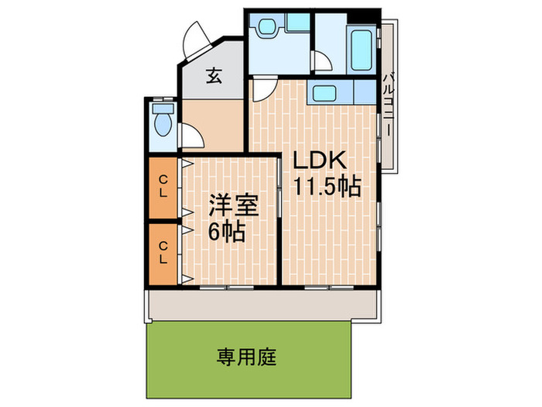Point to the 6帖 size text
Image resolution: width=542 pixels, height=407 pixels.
(x=227, y=231)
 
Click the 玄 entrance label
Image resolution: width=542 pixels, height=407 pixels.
(x=214, y=76)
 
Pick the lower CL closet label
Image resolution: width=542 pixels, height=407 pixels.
(x=163, y=253)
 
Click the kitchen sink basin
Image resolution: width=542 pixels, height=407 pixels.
(x=321, y=94)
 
